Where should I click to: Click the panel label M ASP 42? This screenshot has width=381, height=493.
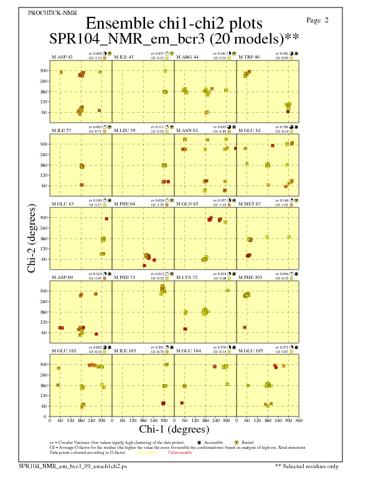tap(62, 57)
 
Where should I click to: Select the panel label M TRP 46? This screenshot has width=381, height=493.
tap(249, 57)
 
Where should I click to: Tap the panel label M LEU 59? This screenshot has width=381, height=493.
tap(125, 130)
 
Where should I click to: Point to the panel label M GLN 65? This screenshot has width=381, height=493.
tap(187, 204)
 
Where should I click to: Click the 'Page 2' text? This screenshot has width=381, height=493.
tap(317, 20)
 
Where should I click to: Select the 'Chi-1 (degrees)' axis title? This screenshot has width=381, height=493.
tap(174, 429)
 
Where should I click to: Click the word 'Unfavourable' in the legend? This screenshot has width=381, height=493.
tap(180, 453)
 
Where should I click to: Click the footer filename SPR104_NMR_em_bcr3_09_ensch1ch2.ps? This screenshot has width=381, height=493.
tap(73, 466)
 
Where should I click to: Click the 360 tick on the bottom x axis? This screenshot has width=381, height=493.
tap(299, 421)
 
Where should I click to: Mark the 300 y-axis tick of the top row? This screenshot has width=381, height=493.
tap(44, 71)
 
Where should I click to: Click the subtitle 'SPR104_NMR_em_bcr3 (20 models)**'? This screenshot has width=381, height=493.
tap(174, 39)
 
